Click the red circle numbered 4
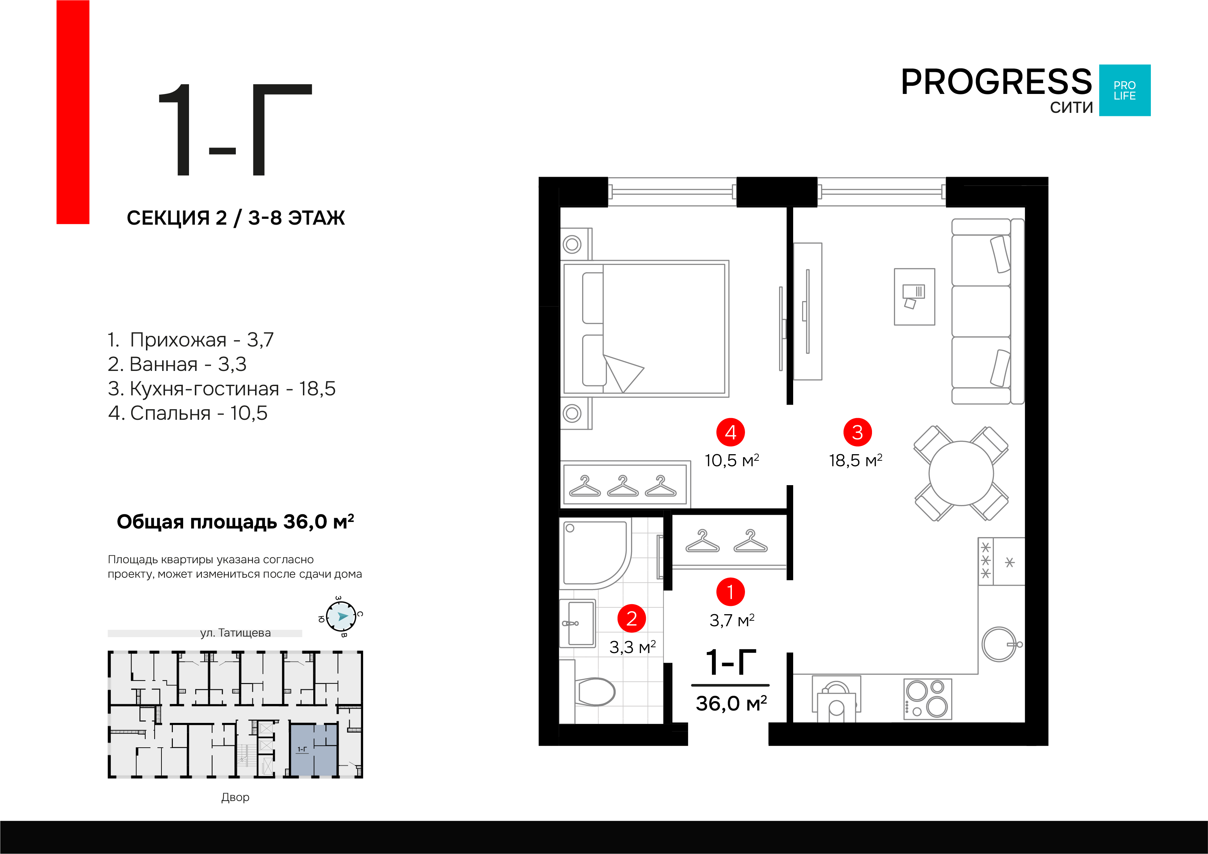pyautogui.click(x=730, y=432)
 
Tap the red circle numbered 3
pyautogui.click(x=858, y=432)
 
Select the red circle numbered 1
pyautogui.click(x=730, y=592)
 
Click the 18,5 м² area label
pyautogui.click(x=855, y=461)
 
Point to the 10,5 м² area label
pyautogui.click(x=732, y=461)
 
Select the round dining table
pyautogui.click(x=961, y=473)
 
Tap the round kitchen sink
pyautogui.click(x=999, y=644)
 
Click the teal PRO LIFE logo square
pyautogui.click(x=1125, y=90)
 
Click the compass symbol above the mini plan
pyautogui.click(x=341, y=616)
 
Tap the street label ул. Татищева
pyautogui.click(x=235, y=633)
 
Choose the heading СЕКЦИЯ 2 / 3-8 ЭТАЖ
pyautogui.click(x=236, y=218)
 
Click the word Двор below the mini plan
pyautogui.click(x=235, y=797)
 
